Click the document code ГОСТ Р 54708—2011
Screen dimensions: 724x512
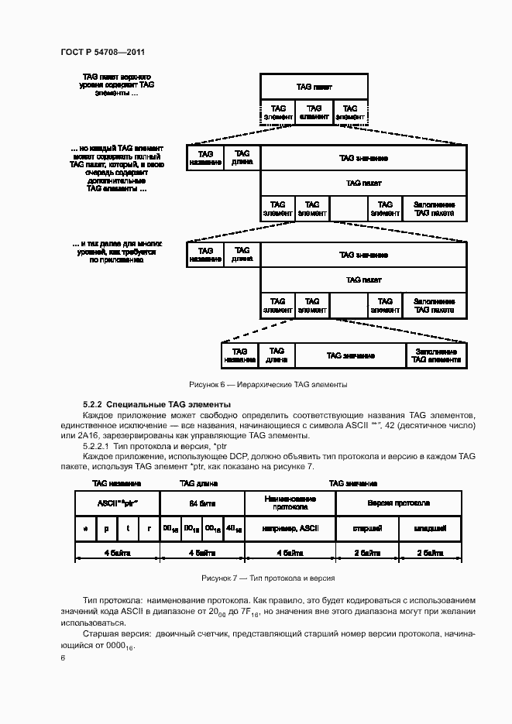pyautogui.click(x=103, y=53)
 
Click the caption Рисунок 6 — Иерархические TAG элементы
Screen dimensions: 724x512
pyautogui.click(x=268, y=385)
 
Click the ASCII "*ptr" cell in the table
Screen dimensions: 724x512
pyautogui.click(x=116, y=503)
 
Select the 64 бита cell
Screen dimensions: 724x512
pyautogui.click(x=201, y=503)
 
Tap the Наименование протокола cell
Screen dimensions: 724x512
pyautogui.click(x=290, y=503)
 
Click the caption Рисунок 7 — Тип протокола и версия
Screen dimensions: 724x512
pyautogui.click(x=268, y=578)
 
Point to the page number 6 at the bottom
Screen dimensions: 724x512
pyautogui.click(x=64, y=657)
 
